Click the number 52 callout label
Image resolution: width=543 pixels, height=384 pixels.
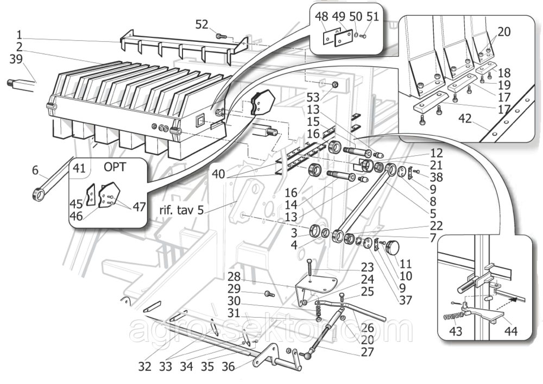click(202, 24)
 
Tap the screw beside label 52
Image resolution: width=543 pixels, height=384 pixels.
click(221, 36)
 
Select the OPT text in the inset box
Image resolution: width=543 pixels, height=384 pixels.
click(114, 167)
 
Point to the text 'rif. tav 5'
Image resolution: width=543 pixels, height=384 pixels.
click(182, 210)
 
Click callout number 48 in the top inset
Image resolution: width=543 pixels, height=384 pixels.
click(321, 17)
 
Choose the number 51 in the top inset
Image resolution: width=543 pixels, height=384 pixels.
click(372, 17)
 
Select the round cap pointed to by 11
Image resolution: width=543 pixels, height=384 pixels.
click(392, 248)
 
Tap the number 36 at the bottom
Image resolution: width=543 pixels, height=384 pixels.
click(229, 367)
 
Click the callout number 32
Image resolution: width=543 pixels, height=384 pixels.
click(144, 367)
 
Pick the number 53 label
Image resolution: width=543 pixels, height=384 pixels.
click(313, 98)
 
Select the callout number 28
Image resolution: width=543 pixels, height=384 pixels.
click(233, 276)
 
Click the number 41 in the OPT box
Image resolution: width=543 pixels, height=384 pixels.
click(80, 167)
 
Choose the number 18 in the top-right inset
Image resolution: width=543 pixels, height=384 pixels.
click(504, 72)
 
